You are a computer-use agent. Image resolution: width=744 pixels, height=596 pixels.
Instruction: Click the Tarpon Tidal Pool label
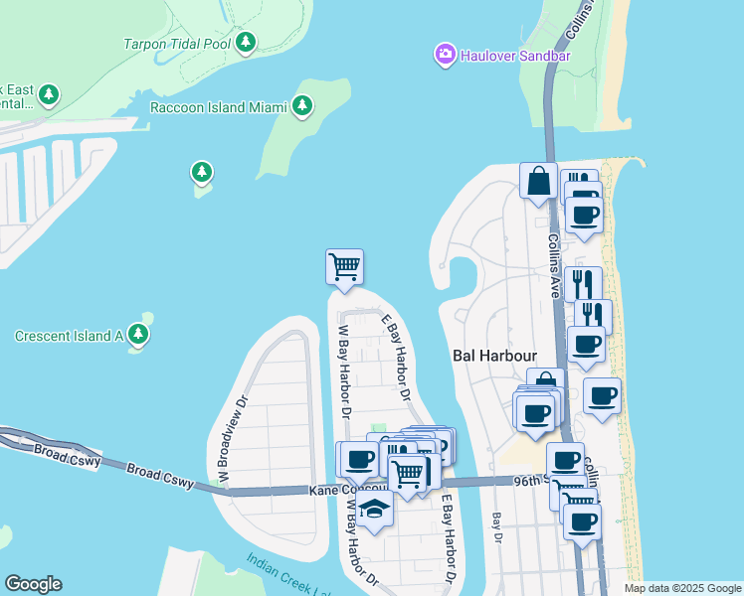(x=177, y=43)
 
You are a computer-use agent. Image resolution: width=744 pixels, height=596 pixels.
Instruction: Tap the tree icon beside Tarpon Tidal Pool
(x=246, y=42)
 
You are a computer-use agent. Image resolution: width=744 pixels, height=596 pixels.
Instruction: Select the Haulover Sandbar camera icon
(x=446, y=54)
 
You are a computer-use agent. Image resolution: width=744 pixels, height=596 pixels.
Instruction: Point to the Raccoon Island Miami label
(x=218, y=106)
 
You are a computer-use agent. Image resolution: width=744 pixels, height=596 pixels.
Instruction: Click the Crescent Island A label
(x=68, y=336)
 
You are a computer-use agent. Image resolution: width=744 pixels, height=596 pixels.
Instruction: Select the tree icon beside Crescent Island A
(x=138, y=335)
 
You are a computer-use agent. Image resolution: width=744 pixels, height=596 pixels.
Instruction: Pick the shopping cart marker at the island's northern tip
(x=344, y=266)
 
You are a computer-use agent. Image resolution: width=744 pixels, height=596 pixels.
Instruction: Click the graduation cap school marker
(x=374, y=509)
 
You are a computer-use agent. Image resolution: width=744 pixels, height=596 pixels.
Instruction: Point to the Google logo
(x=33, y=583)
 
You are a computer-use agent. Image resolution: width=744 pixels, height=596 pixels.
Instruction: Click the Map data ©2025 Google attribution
(x=681, y=588)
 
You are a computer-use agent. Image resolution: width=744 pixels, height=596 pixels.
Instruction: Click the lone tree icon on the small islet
(x=202, y=173)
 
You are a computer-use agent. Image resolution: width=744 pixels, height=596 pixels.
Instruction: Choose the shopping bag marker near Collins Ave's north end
(x=538, y=181)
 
